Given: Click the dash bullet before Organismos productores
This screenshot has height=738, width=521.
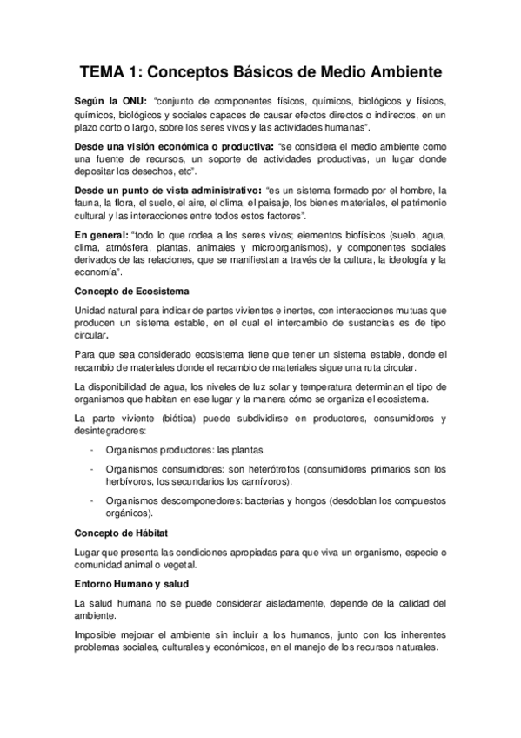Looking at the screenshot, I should tap(92, 450).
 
